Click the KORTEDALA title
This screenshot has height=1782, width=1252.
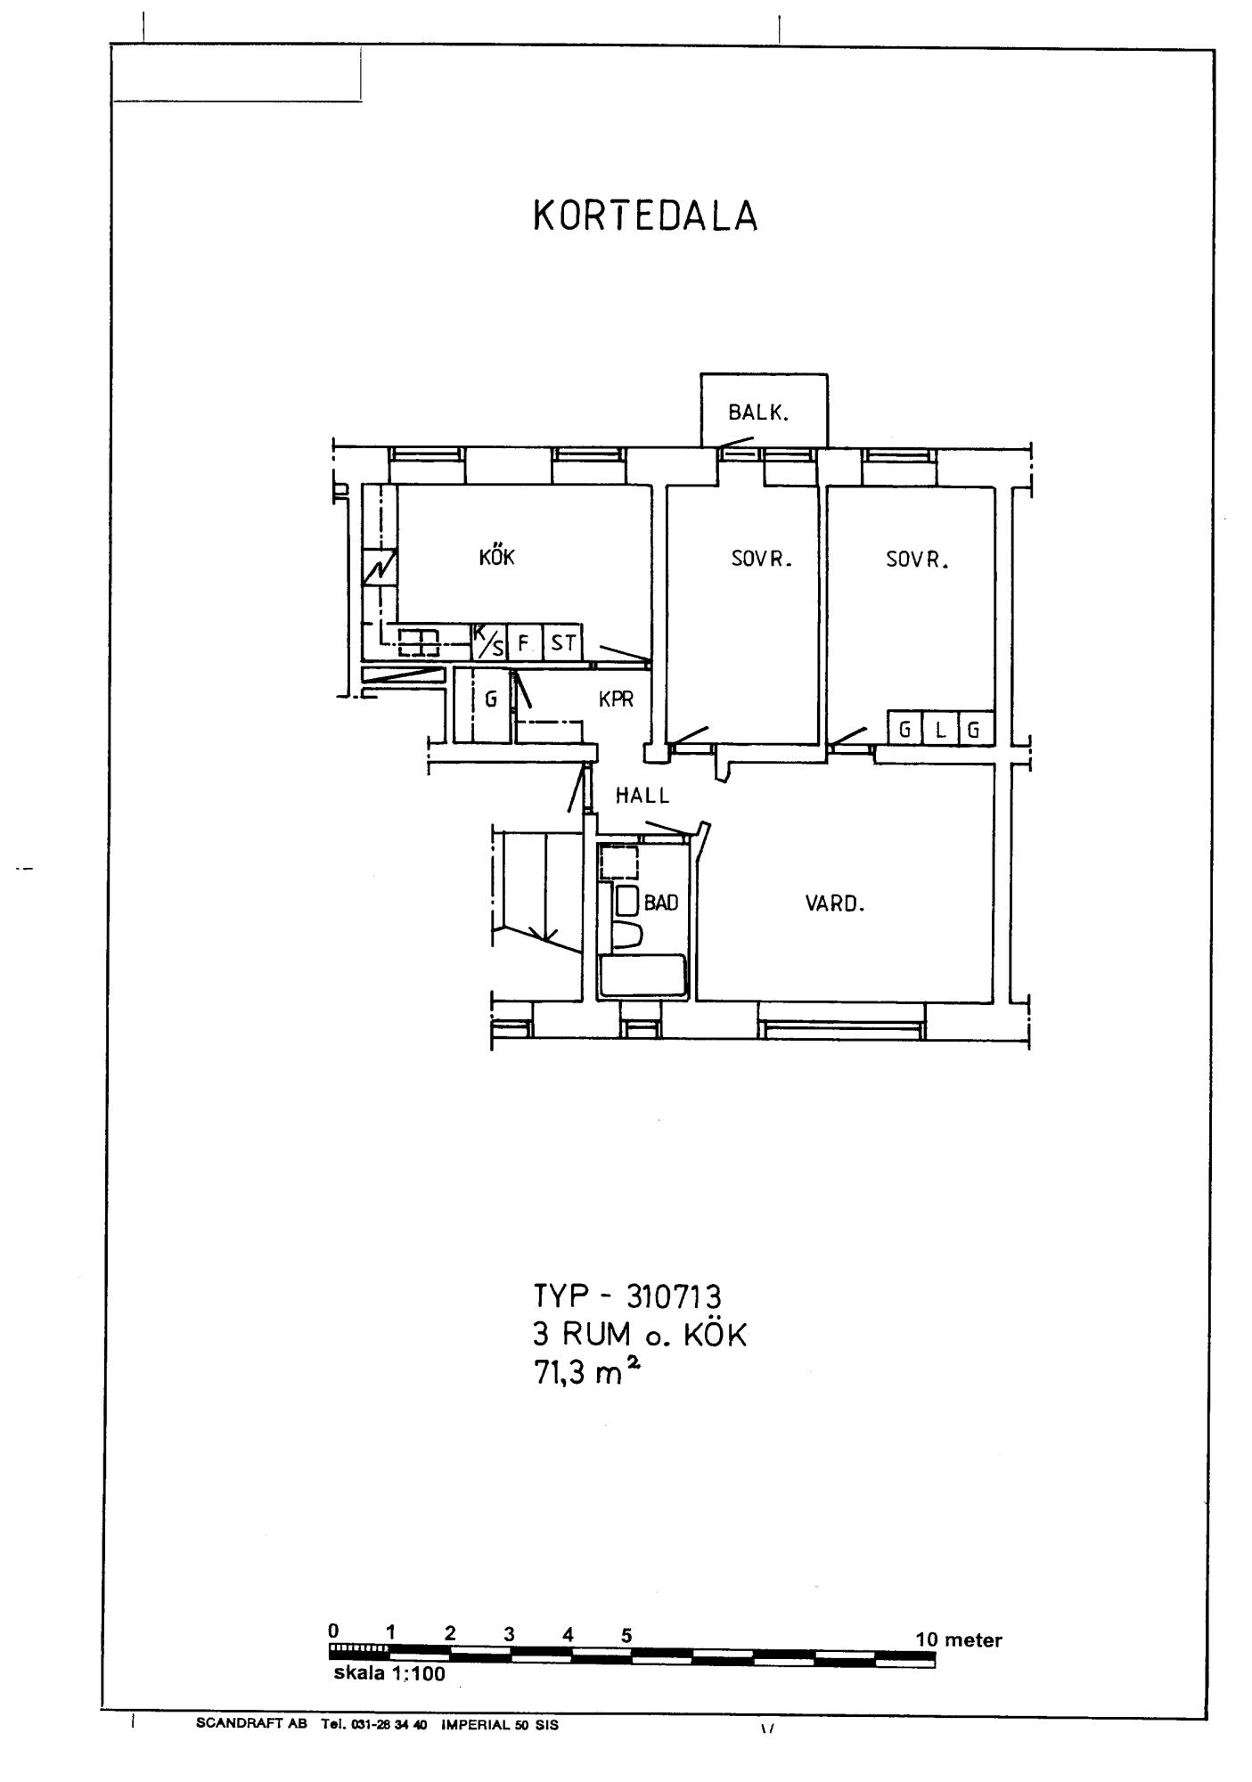click(645, 216)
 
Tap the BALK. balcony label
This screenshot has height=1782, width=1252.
click(759, 413)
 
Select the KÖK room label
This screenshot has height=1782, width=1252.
click(497, 557)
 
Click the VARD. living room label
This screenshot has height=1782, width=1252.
click(835, 903)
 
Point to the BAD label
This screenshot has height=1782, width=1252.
click(661, 903)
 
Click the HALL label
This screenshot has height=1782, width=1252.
click(642, 796)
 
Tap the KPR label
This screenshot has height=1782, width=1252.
click(617, 699)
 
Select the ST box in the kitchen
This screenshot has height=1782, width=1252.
click(562, 642)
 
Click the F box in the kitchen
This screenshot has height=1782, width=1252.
click(524, 642)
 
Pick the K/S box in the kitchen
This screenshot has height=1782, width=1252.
click(488, 642)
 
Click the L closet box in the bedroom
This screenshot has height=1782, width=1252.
click(939, 730)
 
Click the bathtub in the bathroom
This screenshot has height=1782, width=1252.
click(642, 976)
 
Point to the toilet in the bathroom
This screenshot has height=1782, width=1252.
click(627, 936)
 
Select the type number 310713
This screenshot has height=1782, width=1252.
click(674, 1295)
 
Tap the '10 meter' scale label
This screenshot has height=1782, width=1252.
click(959, 1639)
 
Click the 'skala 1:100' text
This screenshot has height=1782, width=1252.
click(389, 1673)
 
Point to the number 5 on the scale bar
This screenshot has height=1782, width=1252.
click(626, 1635)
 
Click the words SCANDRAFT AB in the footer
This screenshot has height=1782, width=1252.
click(251, 1724)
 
